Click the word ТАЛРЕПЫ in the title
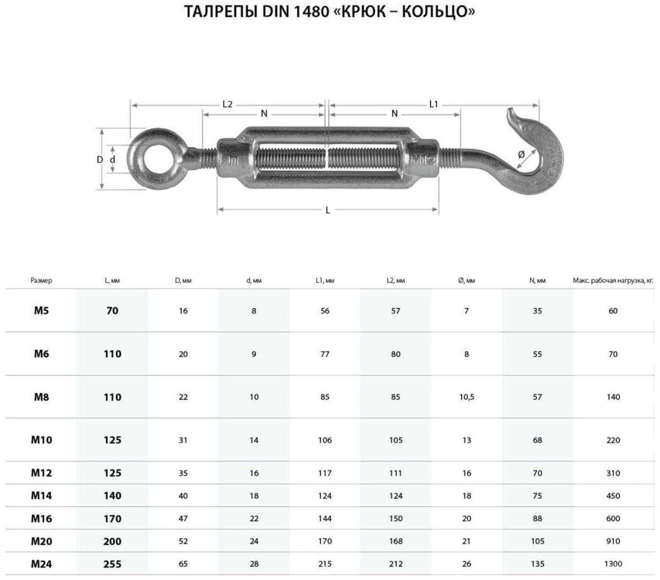tap(221, 11)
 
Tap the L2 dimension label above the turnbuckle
tap(227, 104)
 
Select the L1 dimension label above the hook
tap(434, 104)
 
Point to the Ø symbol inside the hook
tap(521, 155)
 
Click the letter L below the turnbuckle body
tap(328, 210)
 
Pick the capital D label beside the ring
tap(100, 160)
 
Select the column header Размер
tap(41, 280)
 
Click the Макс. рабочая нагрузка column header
tap(613, 280)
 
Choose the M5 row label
tap(41, 311)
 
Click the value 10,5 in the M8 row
tap(467, 397)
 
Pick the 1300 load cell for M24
tap(613, 564)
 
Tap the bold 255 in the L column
tap(112, 564)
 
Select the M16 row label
tap(41, 519)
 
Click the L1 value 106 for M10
tap(325, 440)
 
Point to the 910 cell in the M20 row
tap(613, 541)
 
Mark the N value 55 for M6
tap(537, 354)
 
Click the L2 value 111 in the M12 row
tap(395, 473)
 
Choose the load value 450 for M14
tap(613, 496)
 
